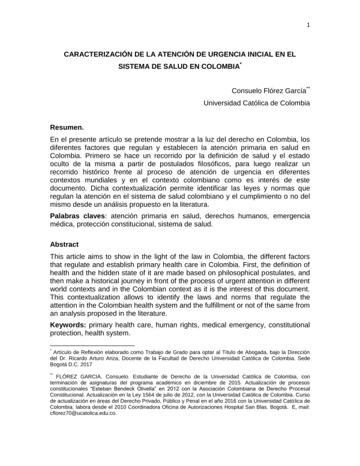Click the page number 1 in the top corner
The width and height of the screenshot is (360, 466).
(x=308, y=25)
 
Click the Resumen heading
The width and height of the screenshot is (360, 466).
(x=67, y=127)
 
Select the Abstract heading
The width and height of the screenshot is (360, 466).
(x=65, y=245)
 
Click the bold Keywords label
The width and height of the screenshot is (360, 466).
(x=68, y=324)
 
